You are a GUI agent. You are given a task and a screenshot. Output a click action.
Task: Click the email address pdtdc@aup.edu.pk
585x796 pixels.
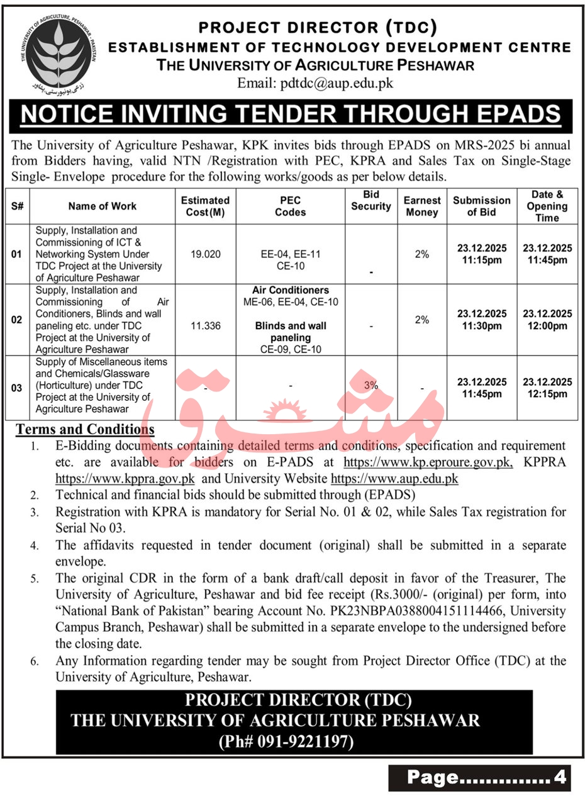coord(315,82)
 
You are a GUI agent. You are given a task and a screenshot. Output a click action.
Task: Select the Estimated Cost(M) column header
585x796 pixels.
coord(205,206)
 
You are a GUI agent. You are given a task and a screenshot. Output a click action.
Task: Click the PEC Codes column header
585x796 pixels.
coord(290,206)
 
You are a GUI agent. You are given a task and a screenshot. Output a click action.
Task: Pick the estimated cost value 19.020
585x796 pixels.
coord(205,254)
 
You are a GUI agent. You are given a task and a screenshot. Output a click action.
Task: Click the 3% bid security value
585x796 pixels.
coord(370,385)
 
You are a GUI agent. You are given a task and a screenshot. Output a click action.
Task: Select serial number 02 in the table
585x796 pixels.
coord(17,320)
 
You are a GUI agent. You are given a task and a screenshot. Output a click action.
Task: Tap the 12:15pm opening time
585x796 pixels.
coord(547,394)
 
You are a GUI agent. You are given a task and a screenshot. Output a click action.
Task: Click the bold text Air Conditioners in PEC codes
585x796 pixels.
coord(291,290)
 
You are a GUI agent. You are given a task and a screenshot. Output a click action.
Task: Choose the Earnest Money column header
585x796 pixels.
coord(422,206)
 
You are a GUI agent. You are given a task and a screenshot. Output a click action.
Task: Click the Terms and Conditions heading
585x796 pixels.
coord(85,430)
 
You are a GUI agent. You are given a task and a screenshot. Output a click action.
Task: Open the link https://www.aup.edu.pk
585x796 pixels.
coord(394,478)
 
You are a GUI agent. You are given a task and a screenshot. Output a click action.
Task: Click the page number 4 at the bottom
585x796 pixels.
coord(559,778)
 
